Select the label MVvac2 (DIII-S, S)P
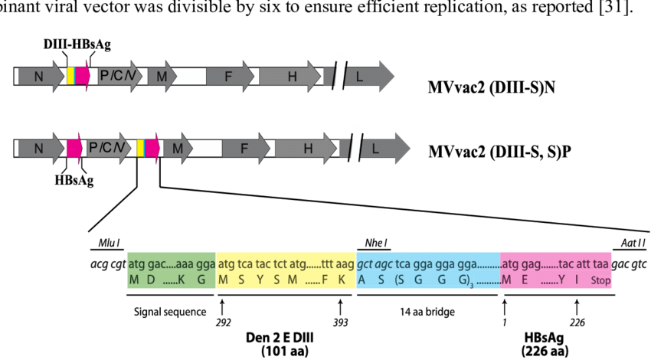click(500, 149)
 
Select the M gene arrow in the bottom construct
click(176, 148)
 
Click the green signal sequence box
click(172, 270)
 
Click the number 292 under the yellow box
click(222, 323)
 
